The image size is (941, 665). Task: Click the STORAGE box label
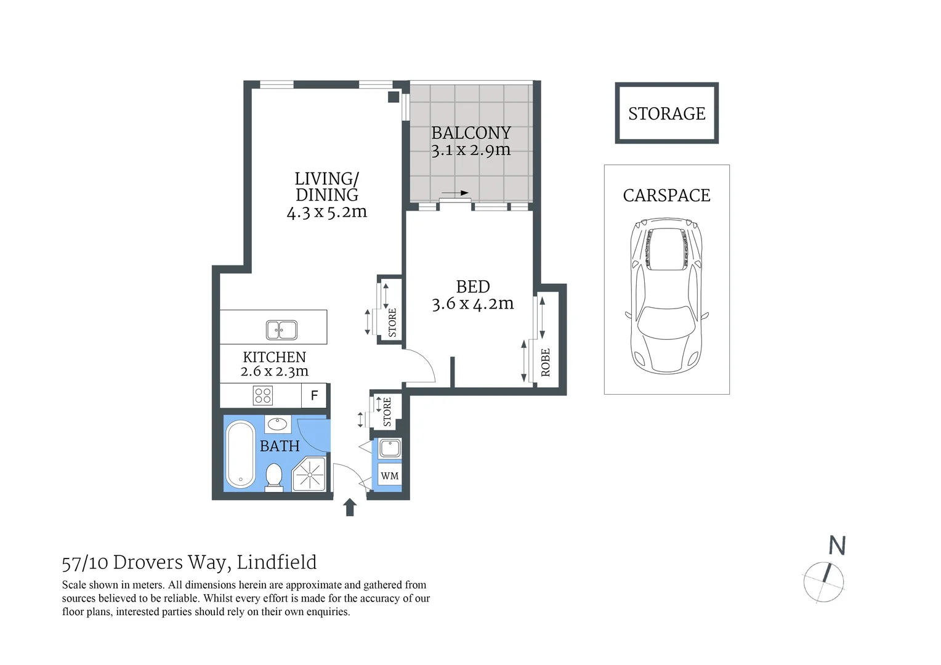pos(666,114)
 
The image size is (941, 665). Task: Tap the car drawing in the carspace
pos(666,296)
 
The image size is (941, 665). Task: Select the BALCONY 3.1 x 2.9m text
pos(471,142)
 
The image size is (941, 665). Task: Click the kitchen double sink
pos(281,329)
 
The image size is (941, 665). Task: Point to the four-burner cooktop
pos(263,395)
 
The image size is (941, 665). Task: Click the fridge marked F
pos(315,395)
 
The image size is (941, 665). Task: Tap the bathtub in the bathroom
pos(240,454)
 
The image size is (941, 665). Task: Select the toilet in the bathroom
pos(274,477)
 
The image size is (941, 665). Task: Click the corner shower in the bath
pos(309,474)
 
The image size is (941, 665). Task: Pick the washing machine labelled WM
pos(389,475)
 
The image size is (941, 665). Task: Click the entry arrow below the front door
pos(350,507)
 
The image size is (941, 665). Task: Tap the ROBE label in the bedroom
pos(546,362)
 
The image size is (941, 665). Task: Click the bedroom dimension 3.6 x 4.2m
pos(472,304)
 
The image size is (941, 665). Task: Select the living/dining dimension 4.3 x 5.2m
pos(327,212)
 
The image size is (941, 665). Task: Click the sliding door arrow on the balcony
pos(455,193)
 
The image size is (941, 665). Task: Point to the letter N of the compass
pos(837,546)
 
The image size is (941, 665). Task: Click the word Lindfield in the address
pos(277,562)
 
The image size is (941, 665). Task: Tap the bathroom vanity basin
pos(278,424)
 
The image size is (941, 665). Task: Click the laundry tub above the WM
pos(390,448)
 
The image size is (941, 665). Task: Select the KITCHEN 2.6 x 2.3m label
pos(275,364)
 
